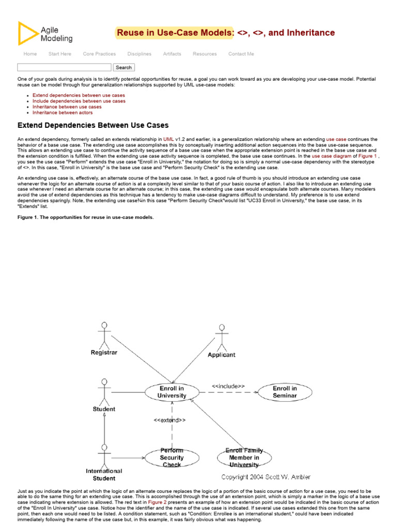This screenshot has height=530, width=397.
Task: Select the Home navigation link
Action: (30, 54)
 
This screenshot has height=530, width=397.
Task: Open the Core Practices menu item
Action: (99, 54)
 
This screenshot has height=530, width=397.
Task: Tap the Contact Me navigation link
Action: (241, 54)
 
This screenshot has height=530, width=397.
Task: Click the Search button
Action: (124, 67)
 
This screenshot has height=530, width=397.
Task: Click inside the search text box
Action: (64, 67)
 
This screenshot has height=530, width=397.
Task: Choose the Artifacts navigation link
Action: (172, 54)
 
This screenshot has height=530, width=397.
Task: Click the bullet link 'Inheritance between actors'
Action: (63, 112)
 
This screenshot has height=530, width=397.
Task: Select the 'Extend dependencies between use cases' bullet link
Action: (79, 95)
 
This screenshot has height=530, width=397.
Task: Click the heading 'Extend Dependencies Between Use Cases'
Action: (93, 125)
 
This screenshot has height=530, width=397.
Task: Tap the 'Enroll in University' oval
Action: (172, 392)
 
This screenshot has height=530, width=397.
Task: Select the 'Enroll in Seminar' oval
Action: (285, 392)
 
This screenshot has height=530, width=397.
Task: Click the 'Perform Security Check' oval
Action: (172, 458)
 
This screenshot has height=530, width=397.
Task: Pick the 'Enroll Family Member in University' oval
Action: (244, 458)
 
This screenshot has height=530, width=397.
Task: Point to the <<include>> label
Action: (228, 386)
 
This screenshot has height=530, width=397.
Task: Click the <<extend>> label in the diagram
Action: (170, 420)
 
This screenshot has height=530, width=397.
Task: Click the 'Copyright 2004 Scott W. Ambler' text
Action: (266, 477)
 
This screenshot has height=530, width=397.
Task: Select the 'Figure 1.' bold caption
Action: (85, 217)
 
